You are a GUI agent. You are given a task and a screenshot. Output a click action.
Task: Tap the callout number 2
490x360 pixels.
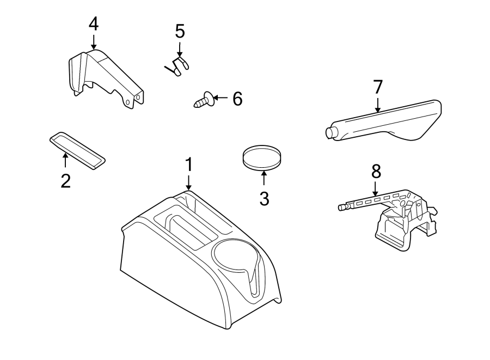pos(65,180)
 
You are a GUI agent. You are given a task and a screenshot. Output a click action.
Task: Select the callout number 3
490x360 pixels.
pos(264,198)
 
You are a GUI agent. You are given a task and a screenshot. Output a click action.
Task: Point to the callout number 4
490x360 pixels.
pos(94,24)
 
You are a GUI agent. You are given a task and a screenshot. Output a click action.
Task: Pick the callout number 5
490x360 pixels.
pos(180,32)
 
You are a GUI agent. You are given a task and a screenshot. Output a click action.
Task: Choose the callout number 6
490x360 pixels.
pos(237,99)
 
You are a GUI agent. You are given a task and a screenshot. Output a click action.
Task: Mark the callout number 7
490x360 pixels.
pos(378,87)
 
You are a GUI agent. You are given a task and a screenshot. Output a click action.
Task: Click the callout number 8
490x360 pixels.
pos(376,172)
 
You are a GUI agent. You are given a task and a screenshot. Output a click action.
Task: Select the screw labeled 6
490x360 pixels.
pos(203,100)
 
